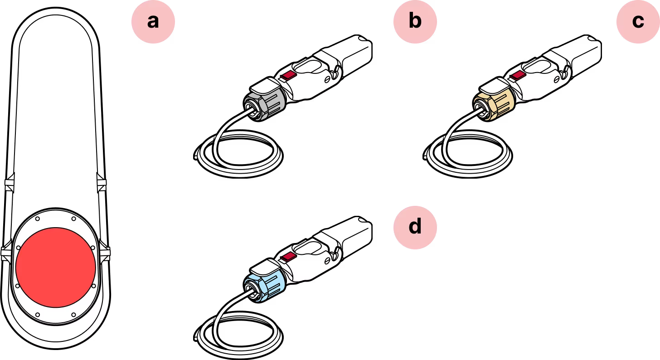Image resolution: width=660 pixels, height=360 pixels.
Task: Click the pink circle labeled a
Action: pos(153,21)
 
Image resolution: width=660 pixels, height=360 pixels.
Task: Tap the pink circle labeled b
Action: pos(414,21)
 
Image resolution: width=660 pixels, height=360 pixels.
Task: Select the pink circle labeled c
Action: pos(637,21)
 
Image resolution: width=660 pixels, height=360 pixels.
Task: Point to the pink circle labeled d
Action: pos(414,226)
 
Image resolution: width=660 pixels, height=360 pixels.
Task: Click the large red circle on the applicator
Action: pos(55,267)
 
